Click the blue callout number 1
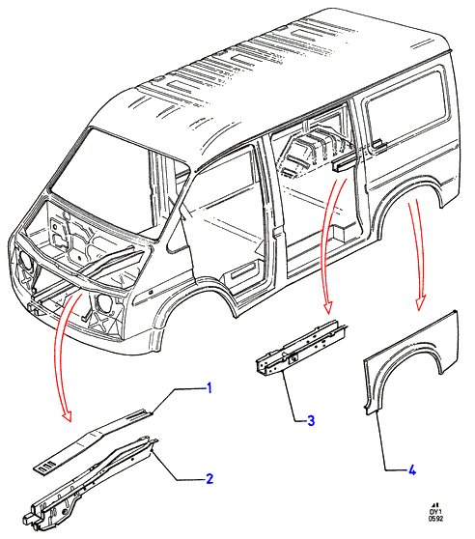pyautogui.click(x=209, y=388)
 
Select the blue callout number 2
pyautogui.click(x=210, y=478)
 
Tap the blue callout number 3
pyautogui.click(x=311, y=420)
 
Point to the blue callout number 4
pyautogui.click(x=412, y=469)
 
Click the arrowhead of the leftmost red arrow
pyautogui.click(x=67, y=416)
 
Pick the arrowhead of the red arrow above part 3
pyautogui.click(x=328, y=307)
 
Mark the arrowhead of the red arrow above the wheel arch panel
pyautogui.click(x=420, y=302)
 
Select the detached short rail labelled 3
pyautogui.click(x=302, y=347)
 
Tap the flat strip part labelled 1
pyautogui.click(x=93, y=441)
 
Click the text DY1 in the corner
pyautogui.click(x=435, y=511)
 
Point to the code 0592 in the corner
pyautogui.click(x=435, y=519)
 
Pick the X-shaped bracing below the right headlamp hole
pyautogui.click(x=100, y=322)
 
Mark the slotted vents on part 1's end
pyautogui.click(x=46, y=467)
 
